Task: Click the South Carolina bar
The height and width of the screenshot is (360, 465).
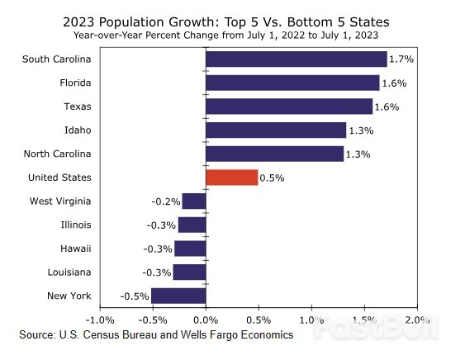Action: coord(296,59)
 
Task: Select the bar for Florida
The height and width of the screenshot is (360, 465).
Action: coord(292,83)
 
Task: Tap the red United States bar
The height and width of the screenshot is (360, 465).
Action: coord(231,178)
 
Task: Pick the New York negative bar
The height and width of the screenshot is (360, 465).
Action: coord(178,296)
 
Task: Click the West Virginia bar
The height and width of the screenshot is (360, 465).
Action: coord(193,201)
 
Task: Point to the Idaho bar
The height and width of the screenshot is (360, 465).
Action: coord(276,130)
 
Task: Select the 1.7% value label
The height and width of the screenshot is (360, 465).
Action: coord(401,59)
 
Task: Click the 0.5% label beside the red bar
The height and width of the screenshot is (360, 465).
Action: coord(271,178)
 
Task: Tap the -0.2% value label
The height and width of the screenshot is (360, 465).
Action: coord(165,201)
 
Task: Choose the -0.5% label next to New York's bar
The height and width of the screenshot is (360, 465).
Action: coord(134,296)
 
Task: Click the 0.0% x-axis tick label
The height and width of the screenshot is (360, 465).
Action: coord(205,320)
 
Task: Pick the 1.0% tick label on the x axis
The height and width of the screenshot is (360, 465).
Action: coord(311,320)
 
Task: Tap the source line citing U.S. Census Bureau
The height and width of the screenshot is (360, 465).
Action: coord(156,335)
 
